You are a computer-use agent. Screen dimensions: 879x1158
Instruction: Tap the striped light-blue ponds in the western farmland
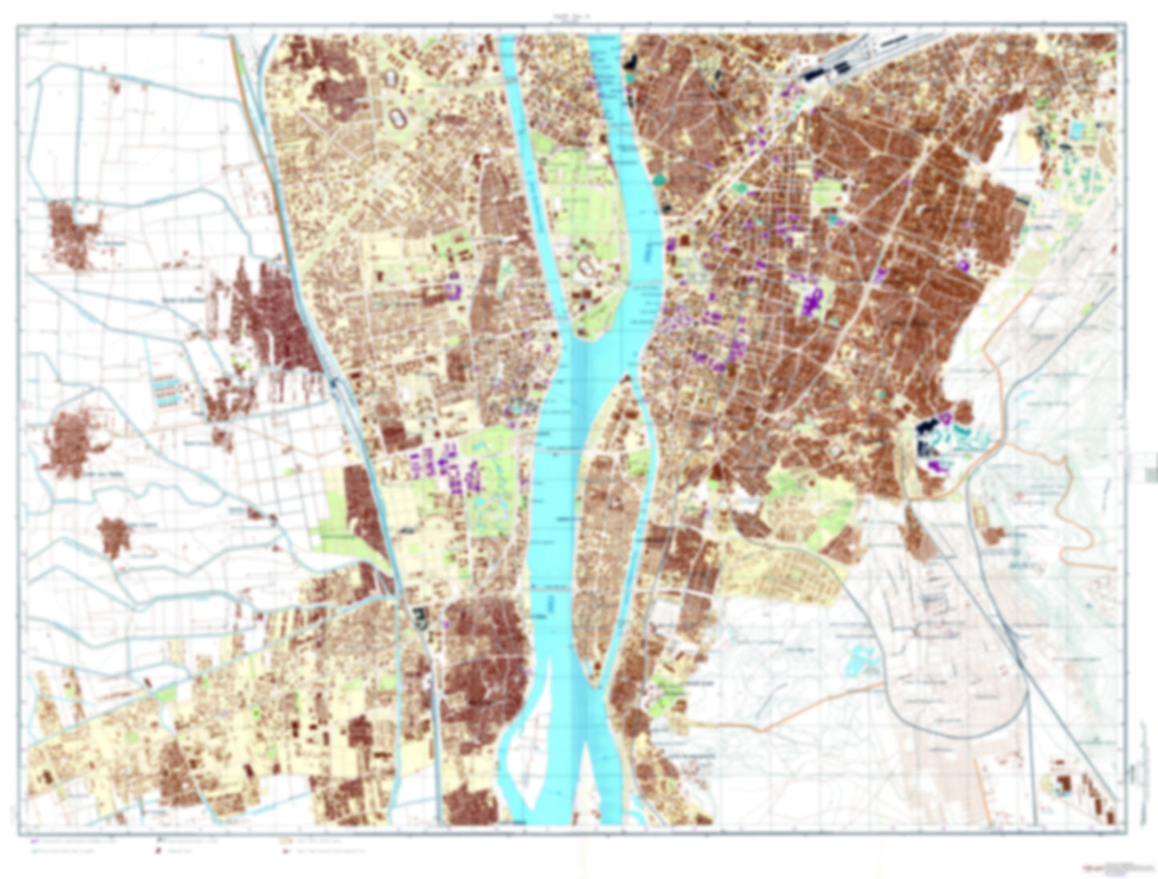pyautogui.click(x=166, y=390)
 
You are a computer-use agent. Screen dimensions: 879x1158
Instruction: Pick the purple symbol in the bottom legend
pyautogui.click(x=34, y=842)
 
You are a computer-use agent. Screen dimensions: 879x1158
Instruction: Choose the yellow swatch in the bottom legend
pyautogui.click(x=283, y=842)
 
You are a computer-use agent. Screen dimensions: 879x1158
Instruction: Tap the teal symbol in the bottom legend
pyautogui.click(x=34, y=851)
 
